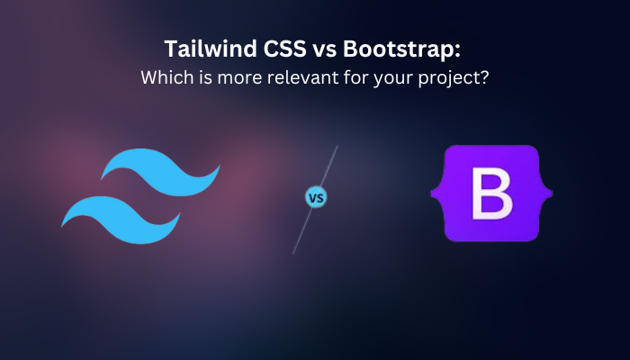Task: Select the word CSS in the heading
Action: coord(285,49)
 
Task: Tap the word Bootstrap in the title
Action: coord(398,49)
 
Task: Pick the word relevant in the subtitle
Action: coord(303,77)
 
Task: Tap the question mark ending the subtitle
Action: coord(484,77)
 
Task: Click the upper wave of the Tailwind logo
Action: coord(161,172)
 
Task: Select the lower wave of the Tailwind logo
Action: coord(121,220)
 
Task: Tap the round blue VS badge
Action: coord(316,198)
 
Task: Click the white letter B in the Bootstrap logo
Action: coord(491,193)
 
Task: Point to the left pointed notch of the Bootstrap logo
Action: coord(432,193)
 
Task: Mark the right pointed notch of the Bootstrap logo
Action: coord(551,193)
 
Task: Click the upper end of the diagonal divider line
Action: coord(337,146)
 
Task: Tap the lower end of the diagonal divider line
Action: coord(292,254)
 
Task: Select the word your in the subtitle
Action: coord(394,79)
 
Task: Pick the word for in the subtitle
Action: coord(356,77)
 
